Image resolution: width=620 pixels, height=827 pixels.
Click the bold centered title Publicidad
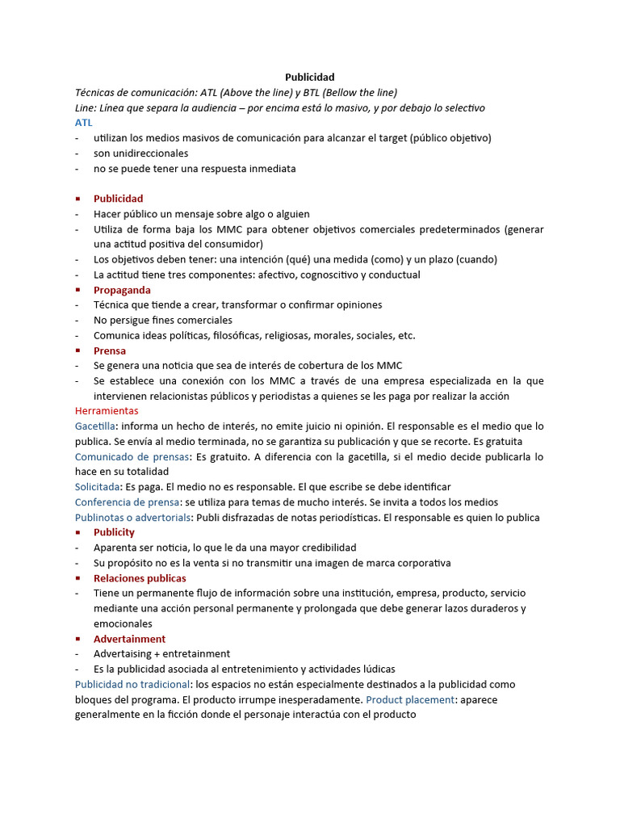310,77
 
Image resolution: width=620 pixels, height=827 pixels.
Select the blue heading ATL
84,123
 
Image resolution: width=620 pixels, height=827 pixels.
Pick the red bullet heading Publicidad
118,199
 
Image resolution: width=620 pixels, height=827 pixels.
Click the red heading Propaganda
122,290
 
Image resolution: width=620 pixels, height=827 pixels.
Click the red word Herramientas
107,411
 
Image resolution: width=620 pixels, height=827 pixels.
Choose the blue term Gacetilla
95,426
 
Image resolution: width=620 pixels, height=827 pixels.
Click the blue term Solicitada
98,487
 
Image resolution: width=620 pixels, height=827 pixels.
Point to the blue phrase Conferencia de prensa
128,502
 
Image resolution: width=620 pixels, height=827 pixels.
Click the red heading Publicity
114,533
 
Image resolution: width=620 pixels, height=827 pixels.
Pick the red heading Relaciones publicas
140,578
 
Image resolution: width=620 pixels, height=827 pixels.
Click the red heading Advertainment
129,639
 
